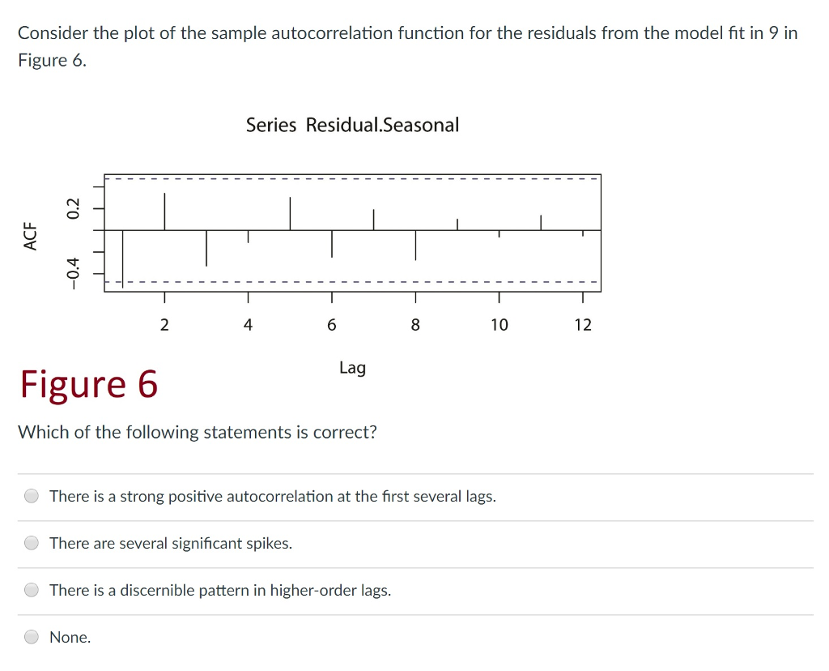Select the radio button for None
[x=32, y=637]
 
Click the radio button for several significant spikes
[x=32, y=543]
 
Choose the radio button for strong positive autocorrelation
[x=32, y=496]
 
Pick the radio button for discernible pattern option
[x=32, y=590]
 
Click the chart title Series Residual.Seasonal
[x=352, y=125]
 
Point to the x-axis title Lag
[x=352, y=368]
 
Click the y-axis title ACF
[x=31, y=236]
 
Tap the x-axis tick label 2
[x=164, y=325]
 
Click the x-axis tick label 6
[x=331, y=325]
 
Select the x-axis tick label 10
[x=499, y=325]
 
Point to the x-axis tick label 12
[x=583, y=325]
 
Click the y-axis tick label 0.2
[x=74, y=207]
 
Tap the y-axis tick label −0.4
[x=74, y=271]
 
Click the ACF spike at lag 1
[x=123, y=258]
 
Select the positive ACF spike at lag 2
[x=164, y=212]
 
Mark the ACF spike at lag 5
[x=290, y=214]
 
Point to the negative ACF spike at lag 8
[x=415, y=245]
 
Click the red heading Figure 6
[x=89, y=383]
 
